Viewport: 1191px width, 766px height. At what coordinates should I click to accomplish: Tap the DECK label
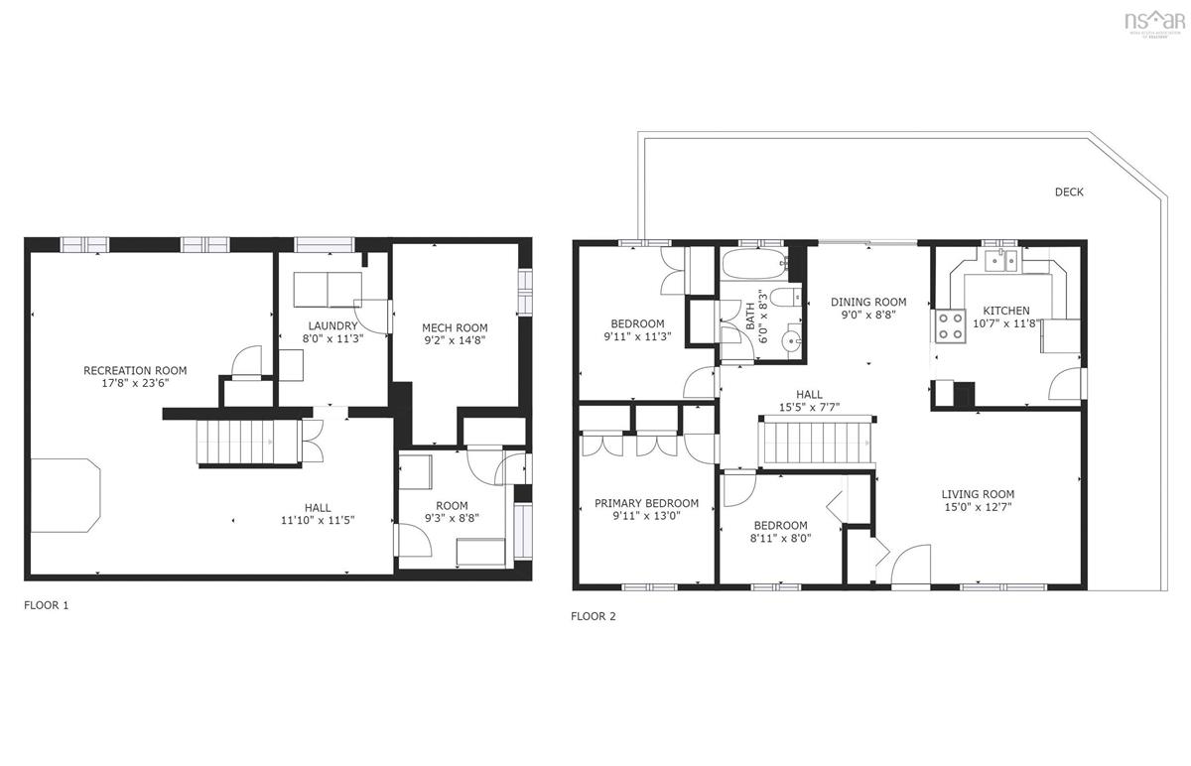pyautogui.click(x=1069, y=191)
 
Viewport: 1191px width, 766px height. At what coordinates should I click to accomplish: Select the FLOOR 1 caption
pyautogui.click(x=47, y=604)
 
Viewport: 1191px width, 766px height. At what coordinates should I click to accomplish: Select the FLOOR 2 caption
pyautogui.click(x=593, y=616)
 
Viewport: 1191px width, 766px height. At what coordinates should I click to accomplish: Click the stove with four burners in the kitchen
pyautogui.click(x=951, y=325)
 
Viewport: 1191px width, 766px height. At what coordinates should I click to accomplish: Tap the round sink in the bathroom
pyautogui.click(x=792, y=341)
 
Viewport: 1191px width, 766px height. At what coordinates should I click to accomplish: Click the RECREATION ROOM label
pyautogui.click(x=135, y=371)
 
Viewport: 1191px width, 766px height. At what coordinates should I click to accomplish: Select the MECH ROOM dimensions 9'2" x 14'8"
pyautogui.click(x=455, y=341)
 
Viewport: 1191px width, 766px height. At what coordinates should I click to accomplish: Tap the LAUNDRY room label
pyautogui.click(x=331, y=325)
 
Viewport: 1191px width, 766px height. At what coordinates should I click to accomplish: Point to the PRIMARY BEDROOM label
pyautogui.click(x=646, y=503)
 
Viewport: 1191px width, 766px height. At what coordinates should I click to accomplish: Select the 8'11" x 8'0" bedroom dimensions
pyautogui.click(x=780, y=539)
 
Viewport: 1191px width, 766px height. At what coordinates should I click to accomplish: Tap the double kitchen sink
pyautogui.click(x=1001, y=262)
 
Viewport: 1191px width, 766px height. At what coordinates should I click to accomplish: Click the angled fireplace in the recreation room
pyautogui.click(x=66, y=495)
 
